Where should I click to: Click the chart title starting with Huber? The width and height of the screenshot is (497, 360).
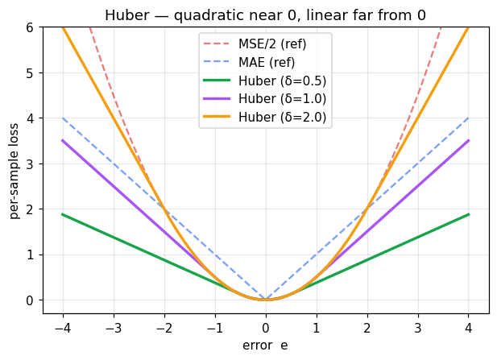click(265, 15)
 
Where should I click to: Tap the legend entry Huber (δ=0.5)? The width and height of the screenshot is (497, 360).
click(281, 81)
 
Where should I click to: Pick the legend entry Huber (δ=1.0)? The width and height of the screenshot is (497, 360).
click(281, 99)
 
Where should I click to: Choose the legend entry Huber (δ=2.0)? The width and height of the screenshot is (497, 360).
click(281, 117)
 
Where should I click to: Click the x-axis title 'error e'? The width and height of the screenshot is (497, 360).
click(265, 346)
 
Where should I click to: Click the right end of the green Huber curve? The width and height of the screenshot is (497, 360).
click(468, 214)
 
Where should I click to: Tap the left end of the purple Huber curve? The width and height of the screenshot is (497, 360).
click(63, 140)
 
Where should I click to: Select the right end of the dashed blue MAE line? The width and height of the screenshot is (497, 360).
click(468, 118)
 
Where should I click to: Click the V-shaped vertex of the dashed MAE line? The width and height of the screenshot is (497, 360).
click(265, 300)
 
